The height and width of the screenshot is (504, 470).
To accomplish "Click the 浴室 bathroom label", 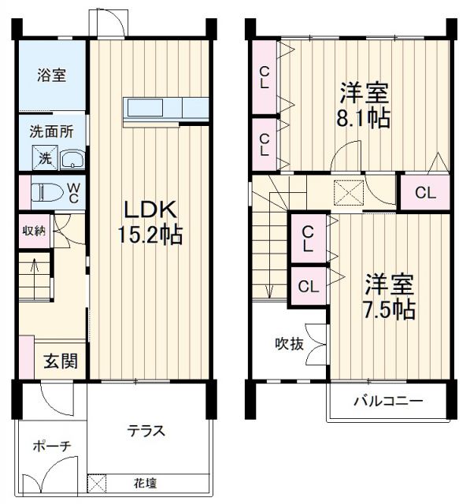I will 51,76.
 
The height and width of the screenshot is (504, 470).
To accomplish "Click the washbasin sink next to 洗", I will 72,159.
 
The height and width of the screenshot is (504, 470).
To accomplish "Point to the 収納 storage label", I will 33,231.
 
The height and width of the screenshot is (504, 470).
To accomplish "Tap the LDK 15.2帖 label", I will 150,222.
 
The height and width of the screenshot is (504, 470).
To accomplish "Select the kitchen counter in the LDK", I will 165,109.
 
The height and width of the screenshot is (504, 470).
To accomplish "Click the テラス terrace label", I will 146,431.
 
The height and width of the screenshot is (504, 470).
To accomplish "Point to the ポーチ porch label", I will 52,446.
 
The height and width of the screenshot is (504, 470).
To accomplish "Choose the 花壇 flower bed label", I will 143,482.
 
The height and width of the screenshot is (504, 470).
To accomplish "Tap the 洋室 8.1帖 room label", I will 365,105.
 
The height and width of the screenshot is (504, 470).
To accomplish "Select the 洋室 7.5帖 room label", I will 388,296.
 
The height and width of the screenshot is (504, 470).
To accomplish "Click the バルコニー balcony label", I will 387,401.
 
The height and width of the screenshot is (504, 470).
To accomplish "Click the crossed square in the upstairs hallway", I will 346,192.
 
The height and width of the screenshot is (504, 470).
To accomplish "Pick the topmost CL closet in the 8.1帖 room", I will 265,78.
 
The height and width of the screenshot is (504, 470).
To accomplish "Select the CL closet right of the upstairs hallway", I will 424,192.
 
